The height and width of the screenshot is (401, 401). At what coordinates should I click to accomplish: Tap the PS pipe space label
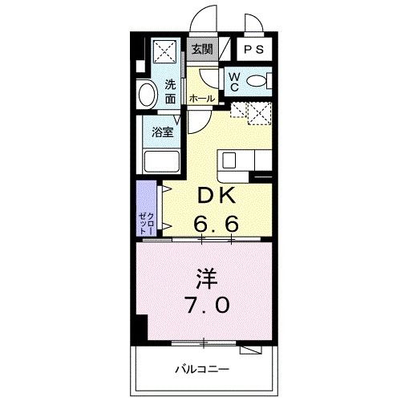click(254, 50)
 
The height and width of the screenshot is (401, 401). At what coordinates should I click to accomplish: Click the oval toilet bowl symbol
click(257, 80)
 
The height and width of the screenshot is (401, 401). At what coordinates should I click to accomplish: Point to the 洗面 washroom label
click(172, 91)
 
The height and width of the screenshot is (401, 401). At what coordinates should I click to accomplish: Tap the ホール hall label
click(201, 97)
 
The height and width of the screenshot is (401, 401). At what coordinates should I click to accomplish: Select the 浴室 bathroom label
click(163, 132)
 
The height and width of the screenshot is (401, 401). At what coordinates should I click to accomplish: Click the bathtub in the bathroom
click(162, 158)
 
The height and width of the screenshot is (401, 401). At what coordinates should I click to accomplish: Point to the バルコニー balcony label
click(202, 370)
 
